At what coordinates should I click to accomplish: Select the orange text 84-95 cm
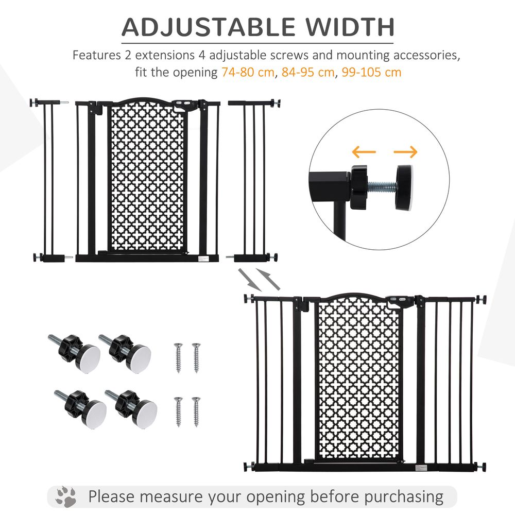click(307, 72)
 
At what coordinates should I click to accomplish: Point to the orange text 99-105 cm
click(369, 72)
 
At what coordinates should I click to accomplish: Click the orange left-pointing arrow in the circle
click(364, 152)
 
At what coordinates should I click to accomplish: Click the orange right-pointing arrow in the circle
click(405, 152)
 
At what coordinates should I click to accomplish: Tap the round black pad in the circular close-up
click(407, 187)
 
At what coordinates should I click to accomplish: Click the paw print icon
click(65, 497)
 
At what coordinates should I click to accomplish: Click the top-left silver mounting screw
click(178, 357)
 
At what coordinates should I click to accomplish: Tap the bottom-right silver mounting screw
click(196, 411)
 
